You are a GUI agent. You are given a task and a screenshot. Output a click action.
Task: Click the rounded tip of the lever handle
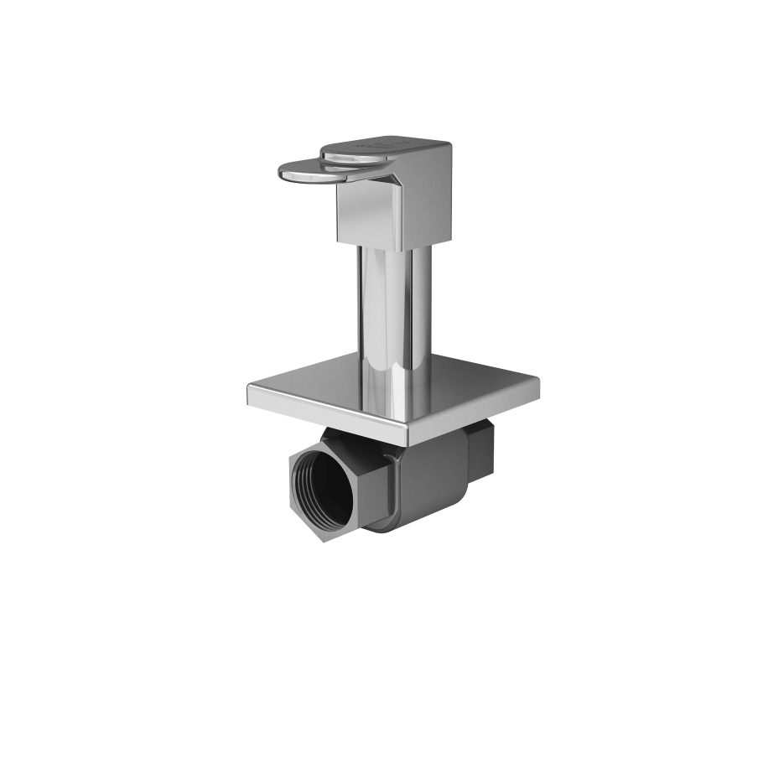pos(283,171)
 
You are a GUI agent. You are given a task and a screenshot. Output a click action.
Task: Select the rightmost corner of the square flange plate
pos(538,382)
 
